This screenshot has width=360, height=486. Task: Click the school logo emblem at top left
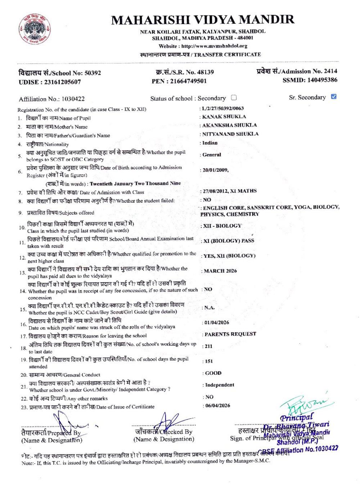(35, 31)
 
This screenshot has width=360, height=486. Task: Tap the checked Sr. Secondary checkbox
(333, 96)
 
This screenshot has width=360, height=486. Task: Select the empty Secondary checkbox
(234, 98)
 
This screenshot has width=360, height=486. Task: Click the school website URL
(214, 46)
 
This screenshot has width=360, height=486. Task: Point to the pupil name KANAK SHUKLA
(224, 117)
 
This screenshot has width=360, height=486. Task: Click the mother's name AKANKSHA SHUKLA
(230, 125)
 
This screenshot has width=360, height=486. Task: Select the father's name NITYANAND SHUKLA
(230, 134)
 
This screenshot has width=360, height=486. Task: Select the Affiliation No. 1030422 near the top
(73, 99)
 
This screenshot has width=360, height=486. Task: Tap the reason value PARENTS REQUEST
(230, 334)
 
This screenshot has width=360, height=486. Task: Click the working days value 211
(208, 346)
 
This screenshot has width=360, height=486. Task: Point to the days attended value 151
(209, 361)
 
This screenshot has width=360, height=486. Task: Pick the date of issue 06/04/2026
(217, 405)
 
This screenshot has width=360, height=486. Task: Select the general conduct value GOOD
(213, 373)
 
